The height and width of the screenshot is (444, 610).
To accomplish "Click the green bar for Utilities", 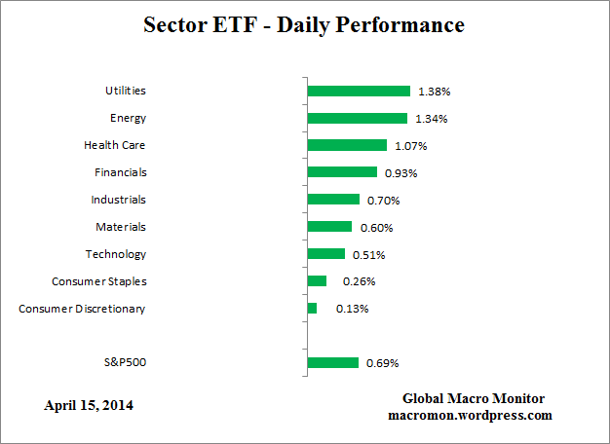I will [359, 91].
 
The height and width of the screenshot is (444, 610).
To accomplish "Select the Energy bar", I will [357, 118].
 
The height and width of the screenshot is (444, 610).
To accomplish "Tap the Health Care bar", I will [347, 145].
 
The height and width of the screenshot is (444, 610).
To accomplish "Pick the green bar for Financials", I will [342, 172].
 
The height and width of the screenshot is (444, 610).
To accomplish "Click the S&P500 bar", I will [332, 363].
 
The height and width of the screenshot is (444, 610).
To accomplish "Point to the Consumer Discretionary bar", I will [312, 309].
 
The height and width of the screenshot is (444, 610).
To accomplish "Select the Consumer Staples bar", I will [317, 281].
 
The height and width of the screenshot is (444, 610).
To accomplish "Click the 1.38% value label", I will [434, 91].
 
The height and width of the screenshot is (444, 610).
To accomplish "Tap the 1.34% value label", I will [431, 118].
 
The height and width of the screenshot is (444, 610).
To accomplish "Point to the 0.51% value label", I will [368, 255].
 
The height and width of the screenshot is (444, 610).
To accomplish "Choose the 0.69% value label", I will [382, 363].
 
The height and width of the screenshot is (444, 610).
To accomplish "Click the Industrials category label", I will [118, 200].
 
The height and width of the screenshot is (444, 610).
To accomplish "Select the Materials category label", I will [120, 227].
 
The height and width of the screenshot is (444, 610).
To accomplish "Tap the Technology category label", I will [116, 254].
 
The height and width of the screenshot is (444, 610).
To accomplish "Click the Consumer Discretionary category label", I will [82, 309].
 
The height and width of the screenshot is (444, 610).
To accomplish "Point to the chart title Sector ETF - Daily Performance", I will [304, 24].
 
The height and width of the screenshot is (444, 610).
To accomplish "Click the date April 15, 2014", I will [89, 405].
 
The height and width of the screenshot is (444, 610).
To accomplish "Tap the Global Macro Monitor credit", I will [474, 399].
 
